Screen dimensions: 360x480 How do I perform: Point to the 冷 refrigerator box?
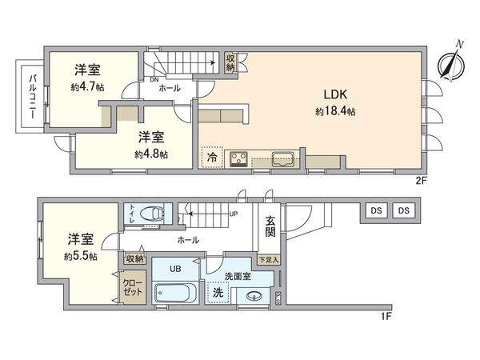[x=212, y=157]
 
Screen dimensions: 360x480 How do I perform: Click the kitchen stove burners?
[x=239, y=158]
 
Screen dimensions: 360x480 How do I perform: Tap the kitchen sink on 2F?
[x=282, y=158]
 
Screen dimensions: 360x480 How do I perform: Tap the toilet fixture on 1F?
[x=151, y=214]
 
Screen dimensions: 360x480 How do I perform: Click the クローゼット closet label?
[x=133, y=287]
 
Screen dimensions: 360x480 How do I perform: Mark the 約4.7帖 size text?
[x=89, y=87]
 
